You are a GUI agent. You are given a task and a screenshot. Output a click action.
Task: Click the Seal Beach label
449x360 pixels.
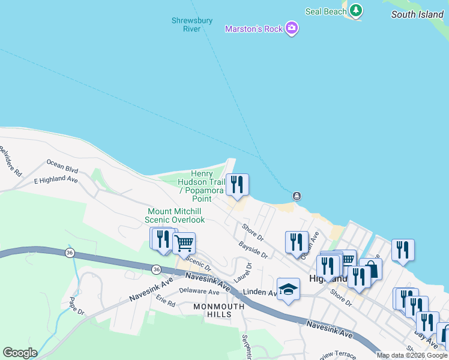click(326, 11)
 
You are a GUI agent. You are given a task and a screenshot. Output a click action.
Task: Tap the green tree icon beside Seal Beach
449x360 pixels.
click(357, 10)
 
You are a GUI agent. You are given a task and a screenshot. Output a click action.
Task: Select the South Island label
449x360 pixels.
click(417, 14)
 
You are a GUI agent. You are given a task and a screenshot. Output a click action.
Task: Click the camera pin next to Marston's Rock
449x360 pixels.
click(292, 28)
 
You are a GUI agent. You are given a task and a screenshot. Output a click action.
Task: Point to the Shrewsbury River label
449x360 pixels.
click(192, 25)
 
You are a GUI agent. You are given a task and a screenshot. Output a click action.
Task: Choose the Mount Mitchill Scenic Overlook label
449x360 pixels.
click(176, 215)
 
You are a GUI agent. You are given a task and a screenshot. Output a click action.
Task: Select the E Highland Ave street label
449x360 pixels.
click(56, 179)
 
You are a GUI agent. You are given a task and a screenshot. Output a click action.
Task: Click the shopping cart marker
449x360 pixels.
click(184, 244)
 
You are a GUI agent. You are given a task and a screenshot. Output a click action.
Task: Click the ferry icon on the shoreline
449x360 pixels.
click(297, 196)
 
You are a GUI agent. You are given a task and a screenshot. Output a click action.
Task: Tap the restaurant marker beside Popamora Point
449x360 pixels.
click(237, 185)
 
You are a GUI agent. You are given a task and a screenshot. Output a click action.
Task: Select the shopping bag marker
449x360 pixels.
click(371, 269)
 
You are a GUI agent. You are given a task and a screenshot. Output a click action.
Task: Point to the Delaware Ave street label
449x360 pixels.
click(199, 292)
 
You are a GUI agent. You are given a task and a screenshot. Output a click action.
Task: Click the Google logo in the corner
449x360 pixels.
click(20, 353)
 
